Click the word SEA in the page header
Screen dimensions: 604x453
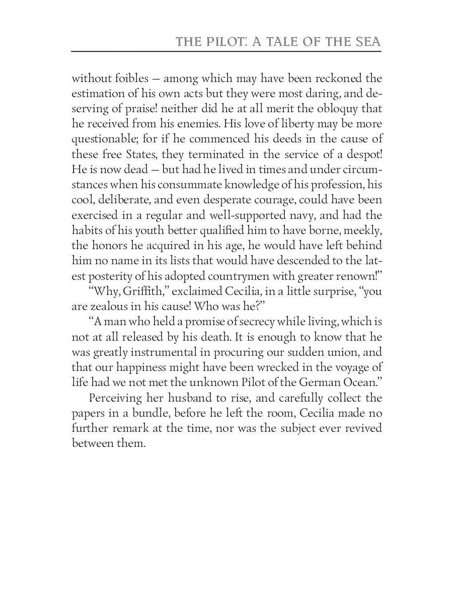(x=366, y=42)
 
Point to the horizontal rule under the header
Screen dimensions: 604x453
(x=226, y=51)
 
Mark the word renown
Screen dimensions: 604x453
(x=356, y=276)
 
